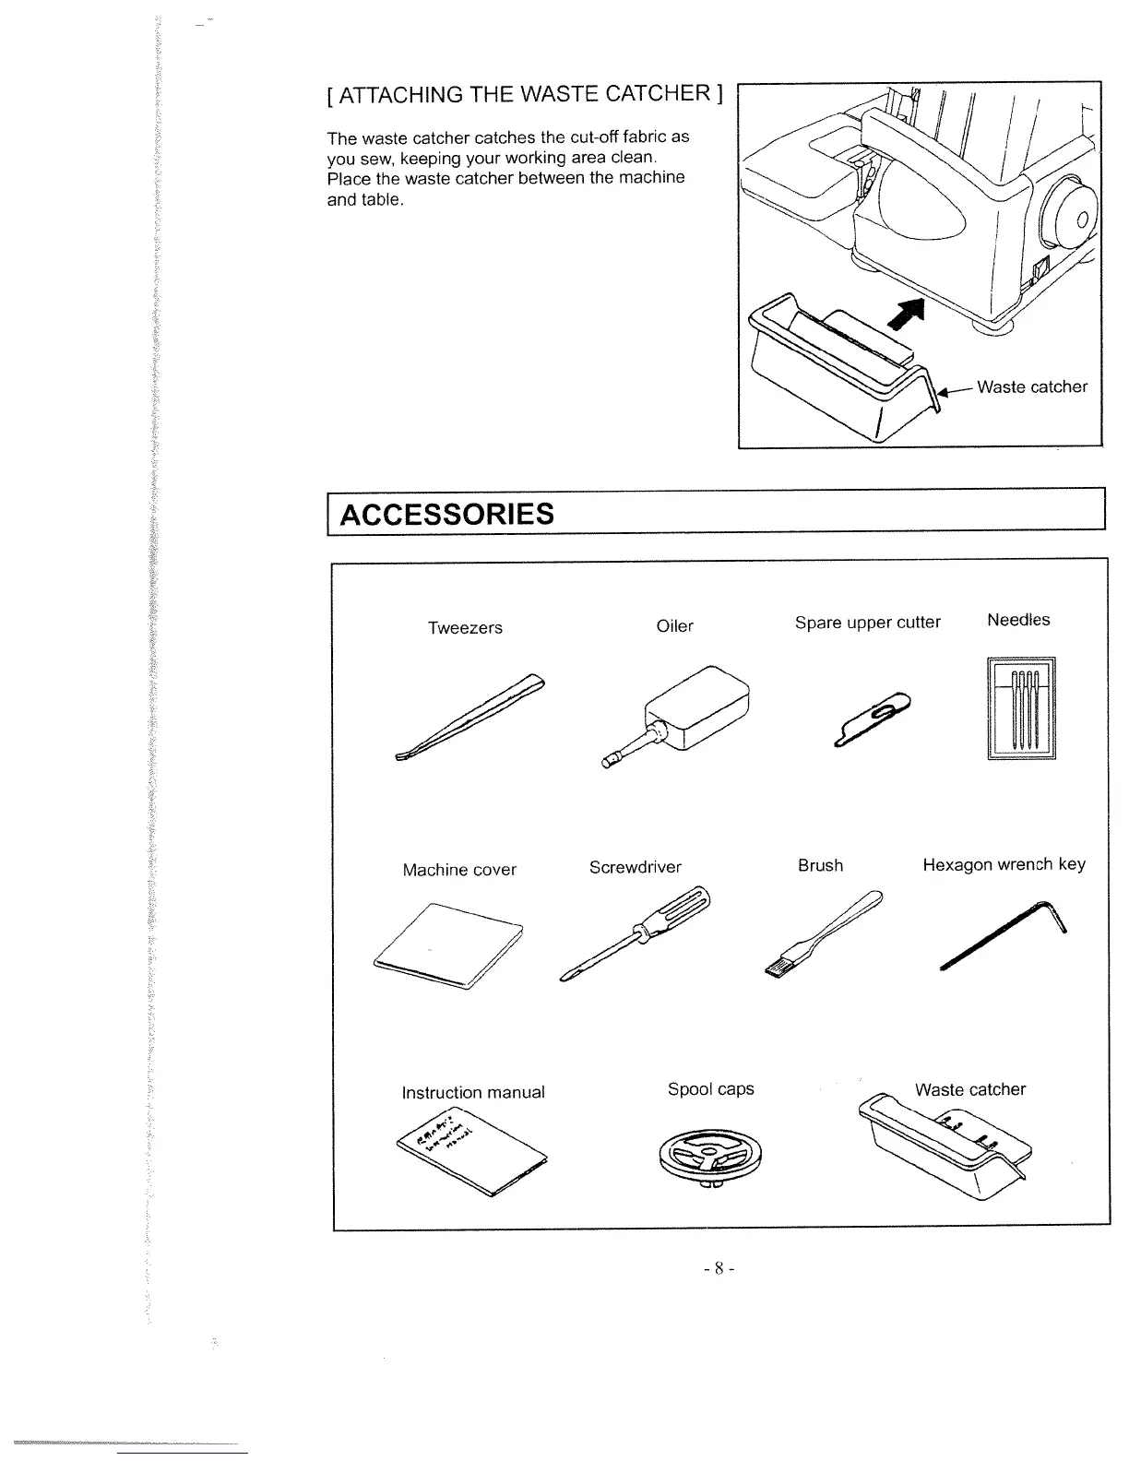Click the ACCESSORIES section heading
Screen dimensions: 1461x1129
(x=448, y=514)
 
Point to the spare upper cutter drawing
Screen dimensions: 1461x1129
(x=872, y=717)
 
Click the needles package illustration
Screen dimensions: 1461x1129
(x=1020, y=708)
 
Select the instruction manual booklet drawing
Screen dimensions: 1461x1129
(x=470, y=1150)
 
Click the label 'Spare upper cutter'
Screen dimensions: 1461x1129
(x=867, y=623)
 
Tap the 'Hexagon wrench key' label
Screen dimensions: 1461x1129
(x=1004, y=864)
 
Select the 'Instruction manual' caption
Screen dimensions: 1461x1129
(x=473, y=1092)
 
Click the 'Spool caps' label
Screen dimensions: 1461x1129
(x=710, y=1088)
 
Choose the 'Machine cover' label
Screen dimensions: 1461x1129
(x=459, y=870)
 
